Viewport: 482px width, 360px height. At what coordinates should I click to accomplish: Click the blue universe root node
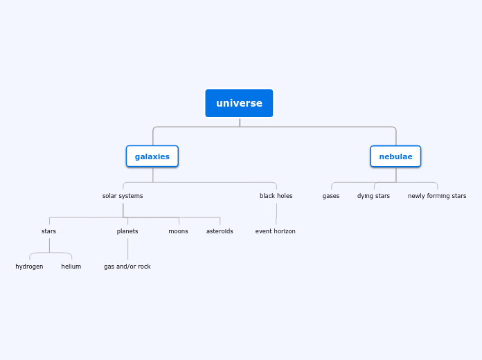[239, 103]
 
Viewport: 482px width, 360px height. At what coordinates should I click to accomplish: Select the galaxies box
[152, 156]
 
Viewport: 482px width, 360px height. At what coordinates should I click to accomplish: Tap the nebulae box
[395, 156]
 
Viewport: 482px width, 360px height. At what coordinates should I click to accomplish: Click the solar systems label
[123, 196]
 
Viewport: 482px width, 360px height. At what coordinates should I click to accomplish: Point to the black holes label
[276, 196]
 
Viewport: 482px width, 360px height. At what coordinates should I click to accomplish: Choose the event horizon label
[275, 231]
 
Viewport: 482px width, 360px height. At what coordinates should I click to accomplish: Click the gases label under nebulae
[331, 196]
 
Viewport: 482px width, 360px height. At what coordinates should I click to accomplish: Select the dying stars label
[373, 196]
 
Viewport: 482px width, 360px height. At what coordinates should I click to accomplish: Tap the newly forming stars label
[437, 196]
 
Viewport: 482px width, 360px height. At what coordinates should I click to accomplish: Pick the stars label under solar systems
[48, 231]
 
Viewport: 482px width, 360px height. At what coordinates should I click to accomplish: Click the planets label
[127, 231]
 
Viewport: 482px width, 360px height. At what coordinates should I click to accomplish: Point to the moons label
[178, 231]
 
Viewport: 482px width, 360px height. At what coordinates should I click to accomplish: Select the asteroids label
[220, 231]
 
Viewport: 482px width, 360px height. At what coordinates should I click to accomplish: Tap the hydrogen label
[29, 267]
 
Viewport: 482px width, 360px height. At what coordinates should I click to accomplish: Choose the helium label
[71, 267]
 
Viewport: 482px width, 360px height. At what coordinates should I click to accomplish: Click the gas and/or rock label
[127, 267]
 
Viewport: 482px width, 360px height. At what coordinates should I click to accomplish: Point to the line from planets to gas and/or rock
[127, 249]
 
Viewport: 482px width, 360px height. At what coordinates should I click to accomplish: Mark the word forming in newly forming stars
[438, 196]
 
